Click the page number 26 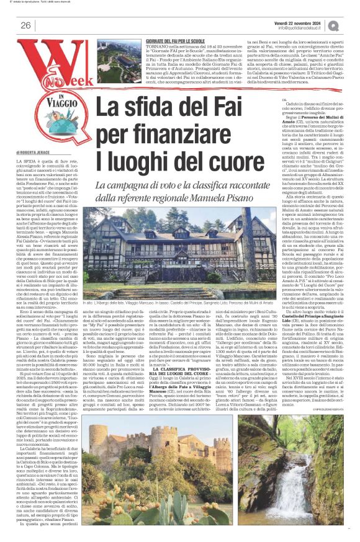click(x=26, y=25)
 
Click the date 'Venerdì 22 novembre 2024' click(x=302, y=21)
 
